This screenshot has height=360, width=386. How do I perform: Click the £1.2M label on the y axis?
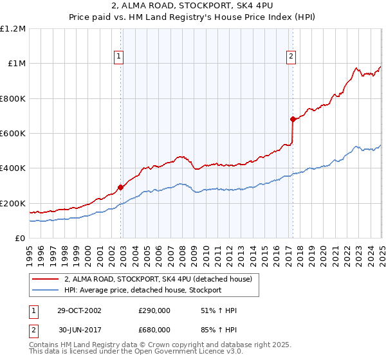point(13,28)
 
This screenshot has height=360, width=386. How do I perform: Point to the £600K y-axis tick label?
point(13,134)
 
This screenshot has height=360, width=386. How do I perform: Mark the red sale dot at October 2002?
point(120,188)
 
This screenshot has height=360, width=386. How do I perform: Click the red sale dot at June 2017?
point(293,119)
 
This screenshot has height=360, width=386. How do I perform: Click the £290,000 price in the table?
point(154,310)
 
